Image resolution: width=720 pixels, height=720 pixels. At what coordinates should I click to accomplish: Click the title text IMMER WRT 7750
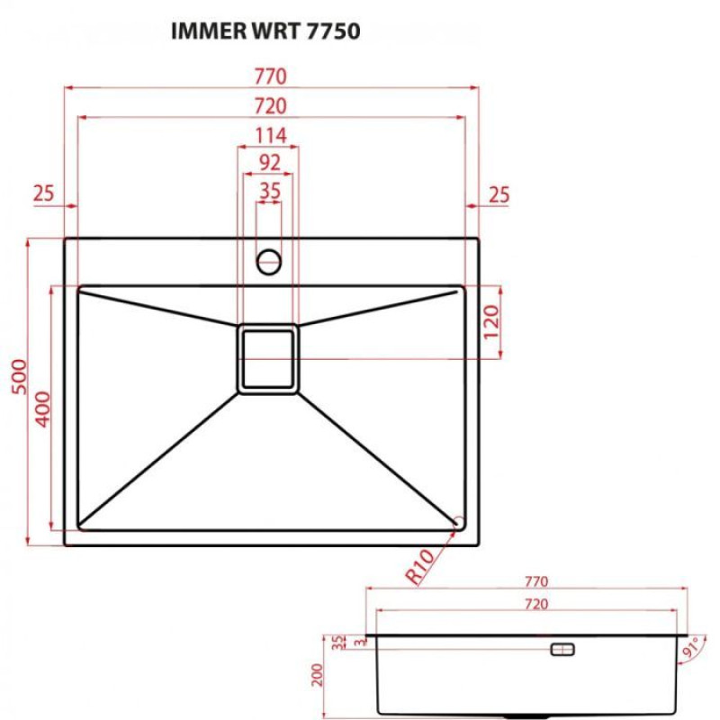click(265, 32)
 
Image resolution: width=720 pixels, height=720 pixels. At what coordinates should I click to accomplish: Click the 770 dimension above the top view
click(270, 76)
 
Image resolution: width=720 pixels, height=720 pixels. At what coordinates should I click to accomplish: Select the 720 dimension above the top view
click(270, 105)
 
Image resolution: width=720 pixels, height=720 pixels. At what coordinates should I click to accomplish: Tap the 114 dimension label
click(269, 136)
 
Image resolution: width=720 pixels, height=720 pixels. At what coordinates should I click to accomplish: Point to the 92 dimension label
click(269, 163)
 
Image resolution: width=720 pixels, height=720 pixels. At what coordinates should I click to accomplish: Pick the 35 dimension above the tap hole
click(269, 191)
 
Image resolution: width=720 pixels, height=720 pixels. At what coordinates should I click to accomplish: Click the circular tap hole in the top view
click(269, 262)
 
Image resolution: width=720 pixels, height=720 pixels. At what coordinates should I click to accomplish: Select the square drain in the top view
click(267, 359)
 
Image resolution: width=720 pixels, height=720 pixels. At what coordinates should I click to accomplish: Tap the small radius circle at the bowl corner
click(459, 521)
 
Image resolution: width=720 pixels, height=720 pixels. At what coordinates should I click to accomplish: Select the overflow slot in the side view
click(563, 649)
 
